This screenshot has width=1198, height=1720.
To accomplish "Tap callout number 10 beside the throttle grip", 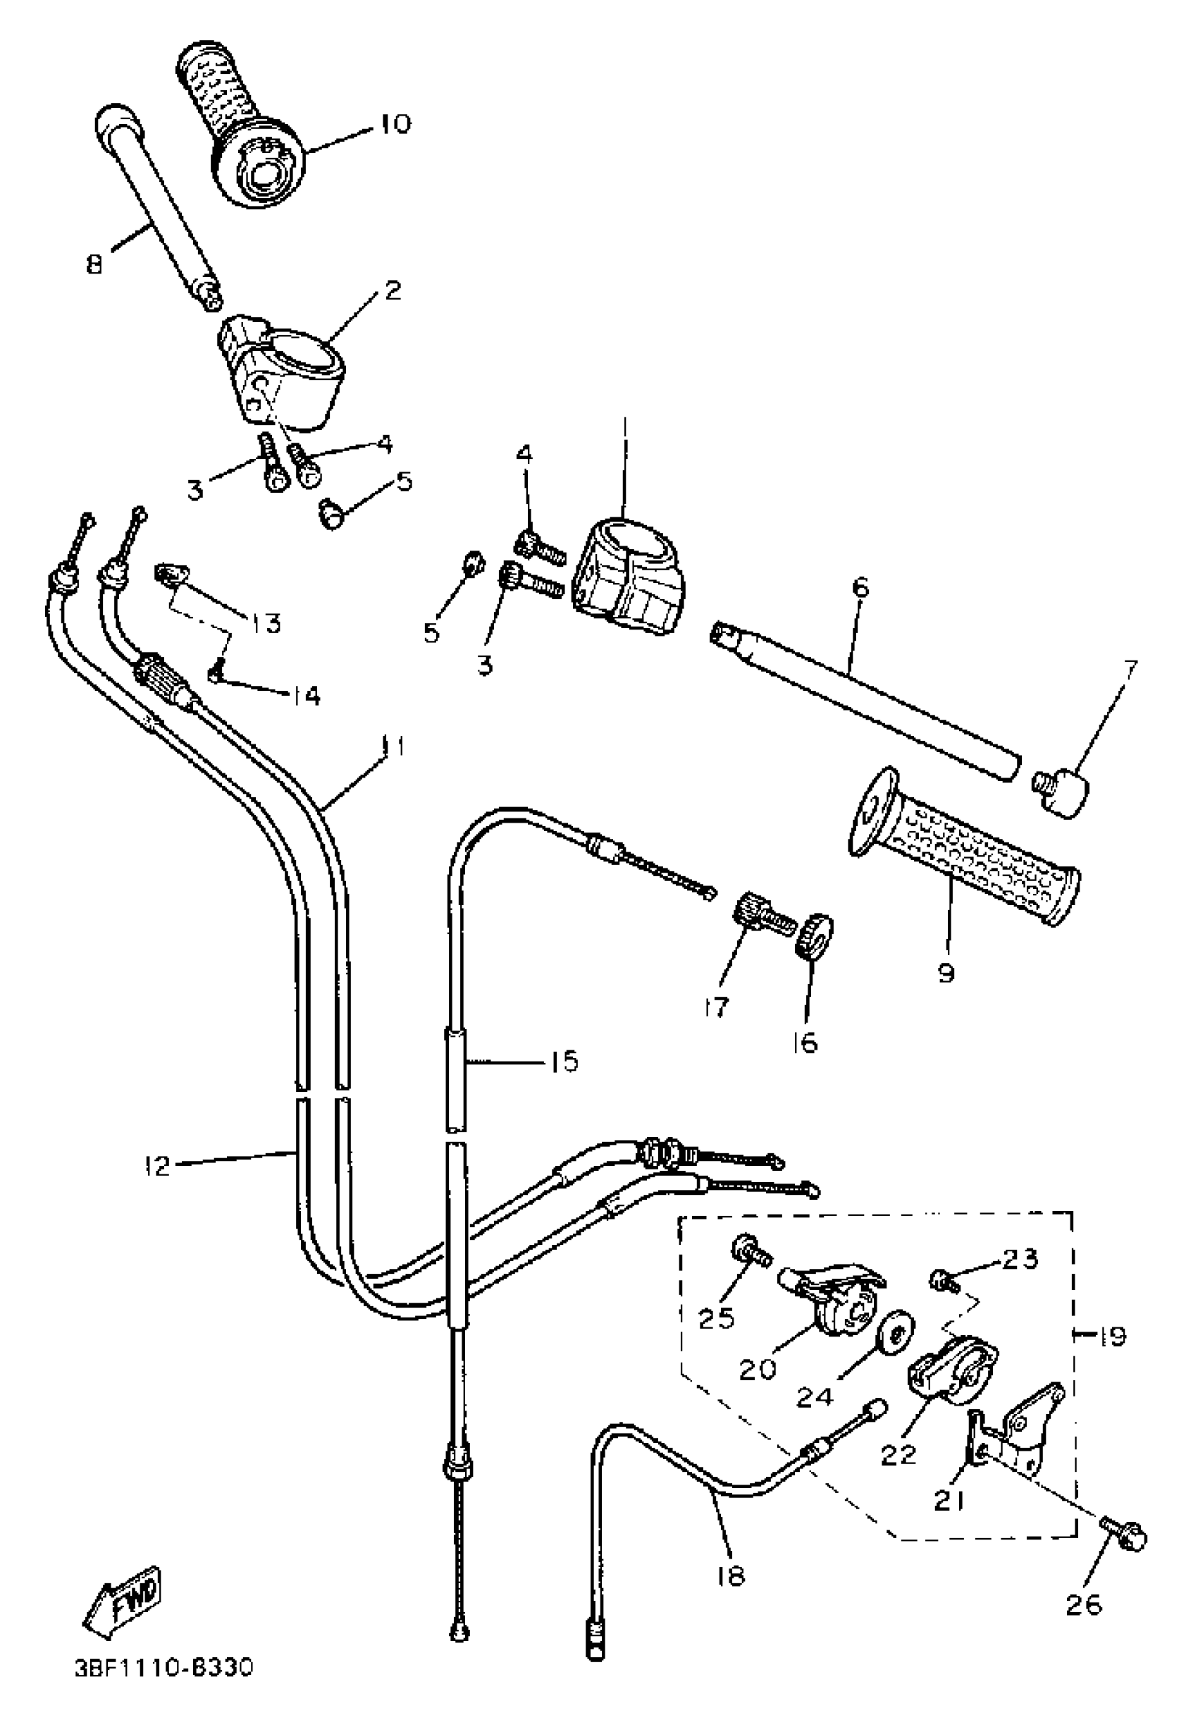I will pyautogui.click(x=395, y=123).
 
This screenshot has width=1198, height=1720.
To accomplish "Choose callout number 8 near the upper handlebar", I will pyautogui.click(x=94, y=264).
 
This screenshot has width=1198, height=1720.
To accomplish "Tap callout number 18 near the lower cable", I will pyautogui.click(x=730, y=1577).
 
